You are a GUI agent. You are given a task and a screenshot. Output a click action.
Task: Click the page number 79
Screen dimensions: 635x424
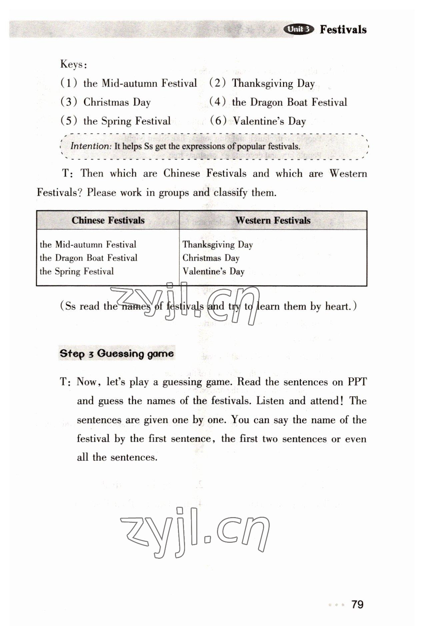click(357, 604)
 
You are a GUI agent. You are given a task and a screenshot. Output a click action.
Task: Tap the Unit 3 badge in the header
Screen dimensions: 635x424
click(298, 29)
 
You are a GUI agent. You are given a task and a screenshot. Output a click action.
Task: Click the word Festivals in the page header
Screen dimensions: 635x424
click(343, 29)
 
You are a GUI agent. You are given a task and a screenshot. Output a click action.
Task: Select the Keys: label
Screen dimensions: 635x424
click(74, 64)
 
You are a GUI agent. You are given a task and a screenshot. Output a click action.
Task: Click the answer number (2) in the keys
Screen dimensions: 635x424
click(218, 83)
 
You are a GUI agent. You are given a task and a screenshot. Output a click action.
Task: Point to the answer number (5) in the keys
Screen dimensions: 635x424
click(69, 121)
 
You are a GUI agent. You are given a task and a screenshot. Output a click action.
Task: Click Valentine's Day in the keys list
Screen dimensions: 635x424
click(269, 121)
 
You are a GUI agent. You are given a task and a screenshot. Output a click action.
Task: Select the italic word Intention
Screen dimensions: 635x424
click(90, 146)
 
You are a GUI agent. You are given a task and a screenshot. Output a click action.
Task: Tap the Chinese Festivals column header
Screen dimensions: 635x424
click(108, 220)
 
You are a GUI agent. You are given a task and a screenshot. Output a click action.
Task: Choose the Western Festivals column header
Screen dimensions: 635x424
click(273, 220)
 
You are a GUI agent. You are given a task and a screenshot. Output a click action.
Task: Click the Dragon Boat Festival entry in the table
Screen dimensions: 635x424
click(88, 258)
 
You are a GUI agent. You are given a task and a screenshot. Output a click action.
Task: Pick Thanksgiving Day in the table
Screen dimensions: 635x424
click(217, 245)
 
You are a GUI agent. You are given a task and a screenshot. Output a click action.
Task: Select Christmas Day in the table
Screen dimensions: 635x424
click(211, 258)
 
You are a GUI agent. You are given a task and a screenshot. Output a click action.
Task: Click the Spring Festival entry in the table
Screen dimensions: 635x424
click(77, 271)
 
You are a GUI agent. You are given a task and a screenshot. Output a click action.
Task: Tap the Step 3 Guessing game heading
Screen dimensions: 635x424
click(117, 353)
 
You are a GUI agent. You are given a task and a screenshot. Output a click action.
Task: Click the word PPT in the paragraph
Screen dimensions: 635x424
click(357, 382)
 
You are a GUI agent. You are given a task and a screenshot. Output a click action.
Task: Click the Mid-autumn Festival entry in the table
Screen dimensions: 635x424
click(88, 245)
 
